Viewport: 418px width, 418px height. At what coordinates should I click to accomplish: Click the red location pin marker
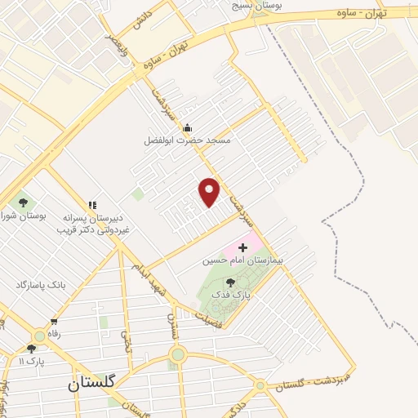[210, 192]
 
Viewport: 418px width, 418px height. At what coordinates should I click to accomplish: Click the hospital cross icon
[242, 247]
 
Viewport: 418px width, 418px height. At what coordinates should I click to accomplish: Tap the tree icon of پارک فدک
[242, 282]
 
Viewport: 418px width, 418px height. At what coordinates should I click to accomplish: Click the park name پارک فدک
[242, 295]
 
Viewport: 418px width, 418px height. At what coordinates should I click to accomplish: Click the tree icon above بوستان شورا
[22, 202]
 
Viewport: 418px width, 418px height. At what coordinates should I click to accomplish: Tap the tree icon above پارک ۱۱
[32, 349]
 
